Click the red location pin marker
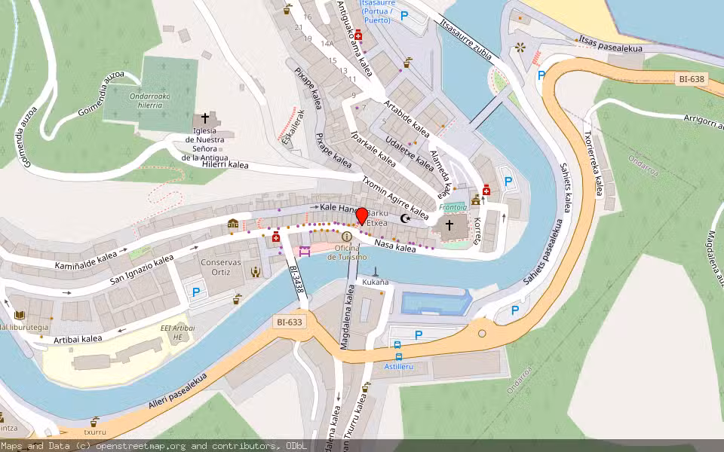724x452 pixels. coord(361,215)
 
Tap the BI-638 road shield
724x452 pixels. coord(693,78)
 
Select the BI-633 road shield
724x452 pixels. coord(289,322)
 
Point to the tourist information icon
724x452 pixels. coord(347,237)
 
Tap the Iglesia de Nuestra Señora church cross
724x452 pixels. coord(204,119)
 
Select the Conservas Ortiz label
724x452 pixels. coord(221,267)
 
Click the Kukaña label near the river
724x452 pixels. coord(376,282)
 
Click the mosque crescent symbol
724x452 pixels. coord(405,218)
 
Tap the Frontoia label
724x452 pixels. coord(453,207)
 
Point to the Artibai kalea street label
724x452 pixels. coord(78,340)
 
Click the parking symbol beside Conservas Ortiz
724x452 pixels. coord(197,292)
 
